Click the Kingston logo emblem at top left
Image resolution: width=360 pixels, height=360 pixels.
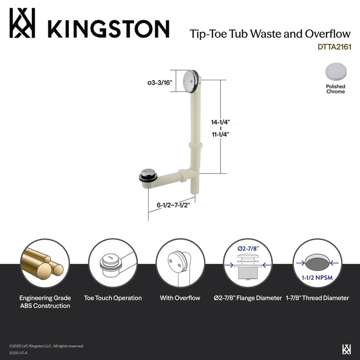coord(22,23)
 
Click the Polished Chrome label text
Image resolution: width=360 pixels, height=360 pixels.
coord(335,89)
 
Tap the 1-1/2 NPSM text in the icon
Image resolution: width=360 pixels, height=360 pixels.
coord(315,278)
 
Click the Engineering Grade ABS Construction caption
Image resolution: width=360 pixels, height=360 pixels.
coord(45,302)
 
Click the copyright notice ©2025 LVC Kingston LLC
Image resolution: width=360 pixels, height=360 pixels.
coord(46,346)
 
